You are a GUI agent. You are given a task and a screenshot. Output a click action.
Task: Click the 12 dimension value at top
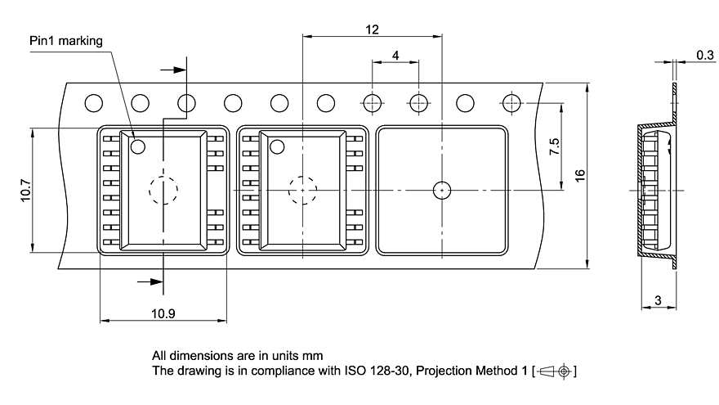(x=372, y=29)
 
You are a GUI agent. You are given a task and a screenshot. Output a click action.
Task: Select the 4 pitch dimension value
(x=395, y=56)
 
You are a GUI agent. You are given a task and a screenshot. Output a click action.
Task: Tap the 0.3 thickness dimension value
(x=705, y=55)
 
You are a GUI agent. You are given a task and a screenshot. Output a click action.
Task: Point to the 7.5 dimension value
(x=554, y=146)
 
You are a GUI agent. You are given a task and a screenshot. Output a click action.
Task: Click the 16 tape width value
(x=580, y=175)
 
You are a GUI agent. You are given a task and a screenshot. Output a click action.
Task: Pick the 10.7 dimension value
(x=25, y=190)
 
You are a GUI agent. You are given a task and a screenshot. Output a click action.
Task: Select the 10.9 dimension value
(x=163, y=313)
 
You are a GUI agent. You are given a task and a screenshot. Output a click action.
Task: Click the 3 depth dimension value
(x=658, y=300)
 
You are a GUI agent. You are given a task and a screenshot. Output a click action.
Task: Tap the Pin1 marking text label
(x=66, y=41)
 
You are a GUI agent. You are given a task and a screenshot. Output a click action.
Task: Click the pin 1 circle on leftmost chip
(x=138, y=146)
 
